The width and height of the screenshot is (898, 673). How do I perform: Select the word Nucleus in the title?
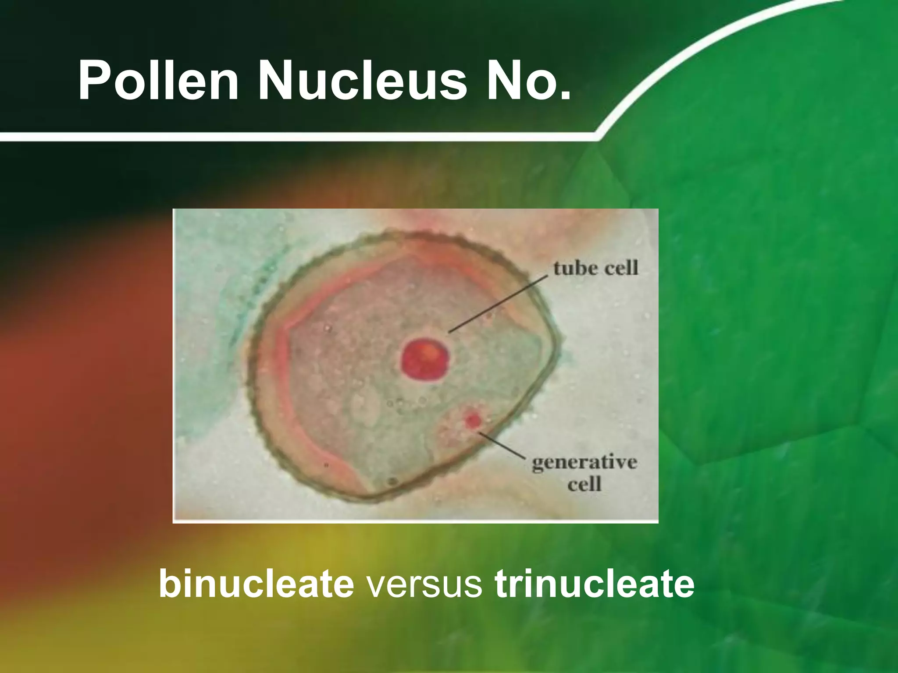click(362, 81)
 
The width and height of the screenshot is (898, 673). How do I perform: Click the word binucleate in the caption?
click(256, 584)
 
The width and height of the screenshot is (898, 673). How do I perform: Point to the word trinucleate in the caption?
click(594, 584)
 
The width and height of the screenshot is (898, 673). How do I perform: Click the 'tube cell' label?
click(595, 268)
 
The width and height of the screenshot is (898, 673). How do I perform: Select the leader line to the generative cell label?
click(502, 445)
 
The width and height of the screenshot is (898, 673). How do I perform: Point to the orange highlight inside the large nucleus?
click(432, 351)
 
